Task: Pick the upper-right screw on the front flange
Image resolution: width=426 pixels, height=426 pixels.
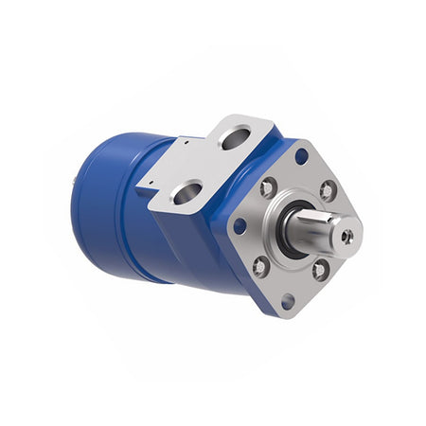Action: point(328,191)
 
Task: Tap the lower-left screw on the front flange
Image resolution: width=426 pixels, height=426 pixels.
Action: point(261,266)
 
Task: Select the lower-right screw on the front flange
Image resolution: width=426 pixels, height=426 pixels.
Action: point(319,272)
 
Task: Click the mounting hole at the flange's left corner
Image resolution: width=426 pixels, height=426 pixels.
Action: point(240,226)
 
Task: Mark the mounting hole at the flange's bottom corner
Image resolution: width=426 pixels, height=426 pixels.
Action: point(287,303)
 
